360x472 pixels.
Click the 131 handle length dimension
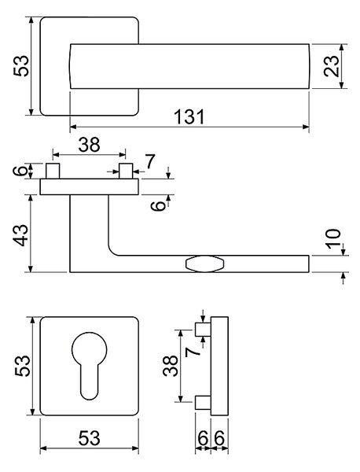(189, 116)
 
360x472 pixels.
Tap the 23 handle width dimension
(331, 66)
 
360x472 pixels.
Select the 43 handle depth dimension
(22, 235)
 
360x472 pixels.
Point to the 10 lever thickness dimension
(334, 238)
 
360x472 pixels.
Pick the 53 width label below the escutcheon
(89, 438)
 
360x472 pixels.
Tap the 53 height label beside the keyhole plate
(23, 366)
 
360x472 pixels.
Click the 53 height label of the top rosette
(21, 66)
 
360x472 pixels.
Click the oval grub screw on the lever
(205, 264)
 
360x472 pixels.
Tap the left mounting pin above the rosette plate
(53, 171)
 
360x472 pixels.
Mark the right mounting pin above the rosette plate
(126, 171)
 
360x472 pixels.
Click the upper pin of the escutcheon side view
(203, 330)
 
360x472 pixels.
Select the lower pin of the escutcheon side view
(203, 403)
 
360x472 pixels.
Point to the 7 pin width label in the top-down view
(150, 161)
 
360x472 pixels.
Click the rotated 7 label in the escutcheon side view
(193, 352)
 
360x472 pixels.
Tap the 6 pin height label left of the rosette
(20, 171)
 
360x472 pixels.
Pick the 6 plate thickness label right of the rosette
(159, 206)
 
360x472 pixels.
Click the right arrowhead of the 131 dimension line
(306, 127)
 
